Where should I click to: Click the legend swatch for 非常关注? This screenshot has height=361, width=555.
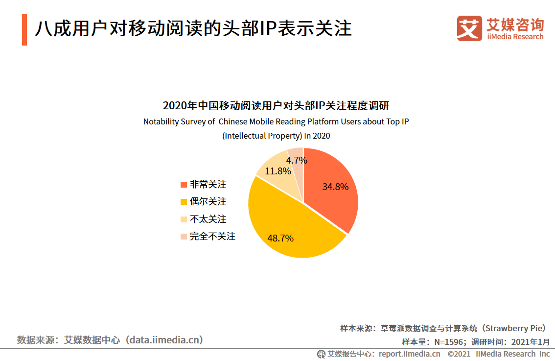pyautogui.click(x=184, y=185)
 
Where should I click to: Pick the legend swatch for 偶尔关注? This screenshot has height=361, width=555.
pyautogui.click(x=184, y=202)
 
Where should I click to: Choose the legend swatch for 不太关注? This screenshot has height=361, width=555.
pyautogui.click(x=184, y=219)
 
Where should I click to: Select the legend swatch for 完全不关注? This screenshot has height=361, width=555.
pyautogui.click(x=184, y=237)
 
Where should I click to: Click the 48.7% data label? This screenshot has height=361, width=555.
pyautogui.click(x=280, y=239)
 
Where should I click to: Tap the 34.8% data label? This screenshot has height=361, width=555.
pyautogui.click(x=335, y=187)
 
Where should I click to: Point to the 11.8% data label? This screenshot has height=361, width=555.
pyautogui.click(x=278, y=171)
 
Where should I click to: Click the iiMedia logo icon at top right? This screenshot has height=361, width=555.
pyautogui.click(x=469, y=28)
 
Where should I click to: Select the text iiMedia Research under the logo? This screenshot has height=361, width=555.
pyautogui.click(x=515, y=37)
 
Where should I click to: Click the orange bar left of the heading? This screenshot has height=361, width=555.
pyautogui.click(x=24, y=30)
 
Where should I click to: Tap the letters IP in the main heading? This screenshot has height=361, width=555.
pyautogui.click(x=267, y=29)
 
